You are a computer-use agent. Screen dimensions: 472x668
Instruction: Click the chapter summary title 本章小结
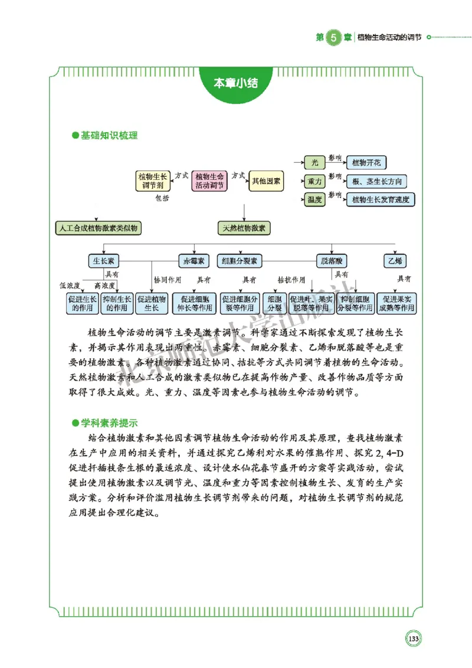point(235,83)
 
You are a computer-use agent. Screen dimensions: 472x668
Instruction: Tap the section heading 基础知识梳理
point(109,136)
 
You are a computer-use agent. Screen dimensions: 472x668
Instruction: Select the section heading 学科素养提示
point(109,423)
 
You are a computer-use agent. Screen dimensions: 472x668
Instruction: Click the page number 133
point(413,638)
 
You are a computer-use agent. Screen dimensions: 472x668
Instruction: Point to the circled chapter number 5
point(334,37)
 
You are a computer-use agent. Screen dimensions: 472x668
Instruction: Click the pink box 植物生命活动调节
point(209,181)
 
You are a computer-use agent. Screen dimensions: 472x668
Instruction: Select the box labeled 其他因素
point(266,181)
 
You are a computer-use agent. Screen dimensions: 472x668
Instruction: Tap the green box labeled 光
point(315,162)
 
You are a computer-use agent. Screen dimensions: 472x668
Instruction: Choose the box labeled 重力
point(315,181)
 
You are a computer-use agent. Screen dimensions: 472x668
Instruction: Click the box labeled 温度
point(315,200)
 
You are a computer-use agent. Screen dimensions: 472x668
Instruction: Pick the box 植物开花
point(366,162)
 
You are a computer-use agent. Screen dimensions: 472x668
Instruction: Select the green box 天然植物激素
point(244,228)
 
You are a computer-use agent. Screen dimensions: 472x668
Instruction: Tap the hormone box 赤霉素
point(194,261)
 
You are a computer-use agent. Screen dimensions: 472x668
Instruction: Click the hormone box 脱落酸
point(331,261)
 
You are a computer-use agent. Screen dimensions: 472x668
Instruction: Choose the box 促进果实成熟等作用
point(396,303)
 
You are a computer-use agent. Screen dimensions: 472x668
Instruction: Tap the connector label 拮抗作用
point(291,280)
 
